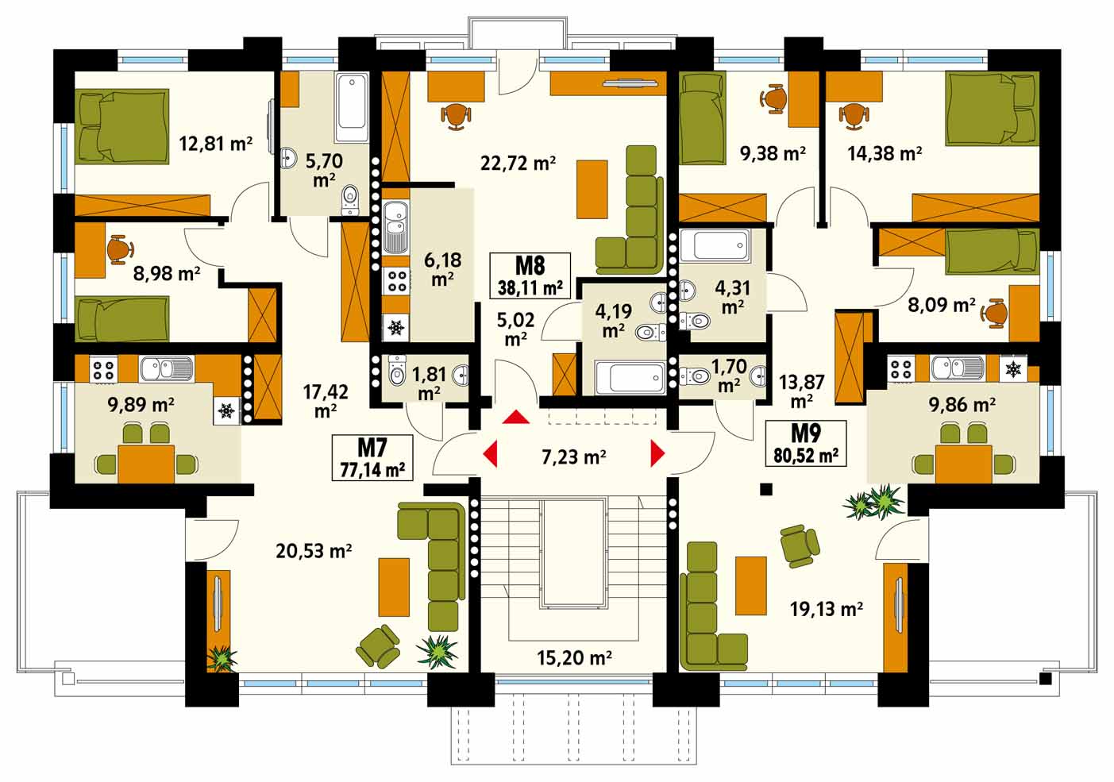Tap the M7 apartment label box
[372, 457]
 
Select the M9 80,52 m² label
[806, 443]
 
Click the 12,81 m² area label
[215, 144]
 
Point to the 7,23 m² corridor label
[573, 456]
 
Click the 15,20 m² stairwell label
[574, 657]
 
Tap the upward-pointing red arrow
[516, 417]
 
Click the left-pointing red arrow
[490, 453]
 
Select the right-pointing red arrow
[658, 453]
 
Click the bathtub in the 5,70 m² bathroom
[352, 107]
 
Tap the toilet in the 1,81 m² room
[397, 371]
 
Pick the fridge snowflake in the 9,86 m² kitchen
[1012, 368]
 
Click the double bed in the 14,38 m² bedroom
[993, 109]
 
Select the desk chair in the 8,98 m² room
[119, 249]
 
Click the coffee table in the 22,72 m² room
[592, 189]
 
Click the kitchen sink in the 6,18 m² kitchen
[395, 227]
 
